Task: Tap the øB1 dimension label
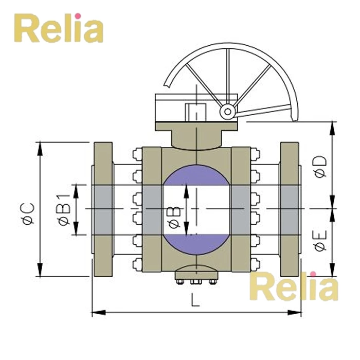[x=64, y=209]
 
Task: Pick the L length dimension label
[x=195, y=301]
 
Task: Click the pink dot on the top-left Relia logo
[x=78, y=16]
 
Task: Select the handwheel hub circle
[x=226, y=111]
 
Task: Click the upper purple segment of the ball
[x=196, y=175]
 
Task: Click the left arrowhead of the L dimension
[x=94, y=311]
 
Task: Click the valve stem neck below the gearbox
[x=195, y=138]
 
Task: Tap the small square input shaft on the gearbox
[x=196, y=111]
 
